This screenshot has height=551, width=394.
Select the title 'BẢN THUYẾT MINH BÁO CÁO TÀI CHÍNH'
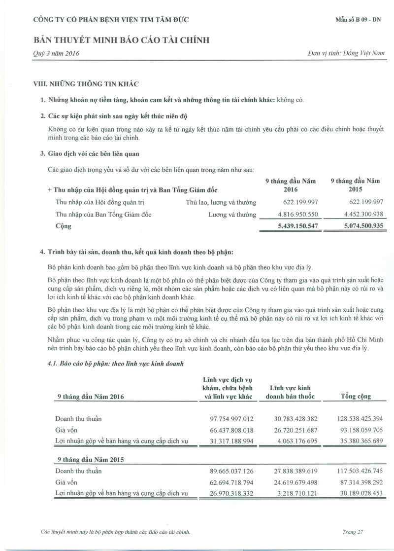pyautogui.click(x=121, y=40)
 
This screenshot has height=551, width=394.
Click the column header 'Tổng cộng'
pyautogui.click(x=356, y=397)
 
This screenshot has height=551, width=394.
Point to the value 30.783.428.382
pyautogui.click(x=295, y=419)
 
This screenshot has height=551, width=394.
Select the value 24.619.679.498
pyautogui.click(x=295, y=482)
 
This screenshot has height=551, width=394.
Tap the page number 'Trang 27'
pyautogui.click(x=353, y=532)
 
